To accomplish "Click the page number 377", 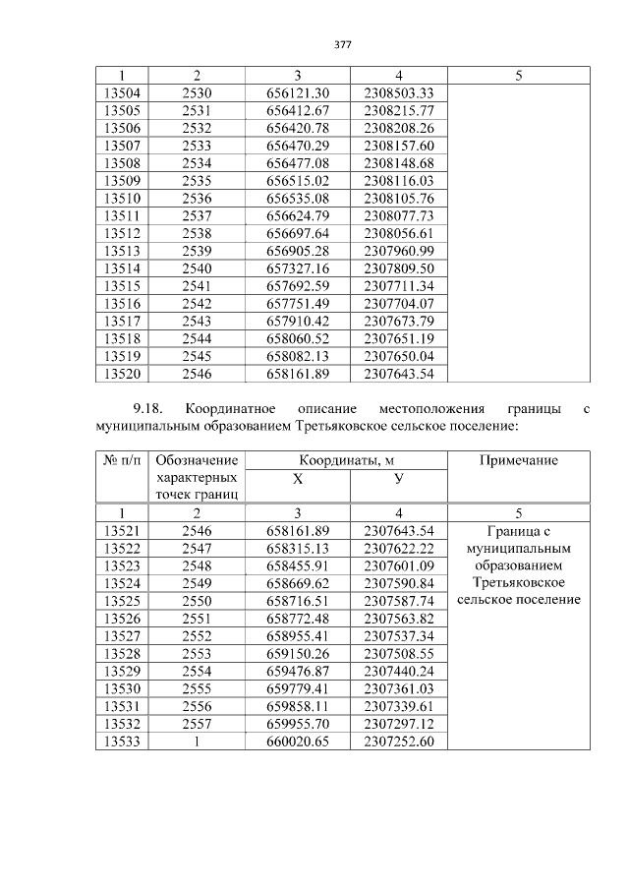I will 342,45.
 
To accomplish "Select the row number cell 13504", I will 121,92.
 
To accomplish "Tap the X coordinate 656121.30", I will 297,92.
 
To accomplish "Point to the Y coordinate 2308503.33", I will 398,92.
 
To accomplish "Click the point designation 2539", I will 197,250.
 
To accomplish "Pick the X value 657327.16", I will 297,267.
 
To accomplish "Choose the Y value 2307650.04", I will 398,355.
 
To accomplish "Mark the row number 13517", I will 121,320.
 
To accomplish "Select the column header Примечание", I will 519,460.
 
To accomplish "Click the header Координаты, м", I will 346,460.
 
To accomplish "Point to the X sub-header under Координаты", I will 297,478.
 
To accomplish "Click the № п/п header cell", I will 121,460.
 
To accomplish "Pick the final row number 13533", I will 121,742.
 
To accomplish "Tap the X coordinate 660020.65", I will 297,742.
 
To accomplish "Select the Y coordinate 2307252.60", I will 398,742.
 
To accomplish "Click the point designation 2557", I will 197,724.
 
